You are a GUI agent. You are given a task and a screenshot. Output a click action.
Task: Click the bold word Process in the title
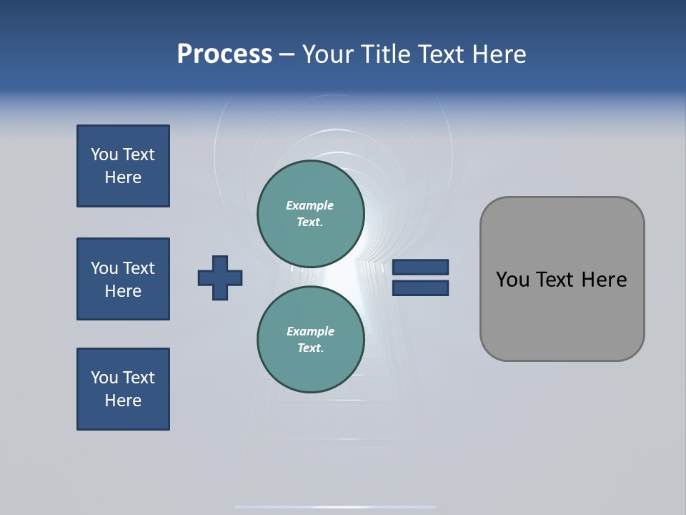tap(224, 54)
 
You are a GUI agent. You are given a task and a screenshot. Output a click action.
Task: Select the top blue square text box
tap(123, 166)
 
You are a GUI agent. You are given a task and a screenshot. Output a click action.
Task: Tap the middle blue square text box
tap(123, 279)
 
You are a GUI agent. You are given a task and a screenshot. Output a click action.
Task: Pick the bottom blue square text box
tap(123, 389)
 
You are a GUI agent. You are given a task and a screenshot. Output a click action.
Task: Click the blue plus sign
tap(220, 278)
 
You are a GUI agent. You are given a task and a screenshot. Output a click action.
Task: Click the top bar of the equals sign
tap(421, 267)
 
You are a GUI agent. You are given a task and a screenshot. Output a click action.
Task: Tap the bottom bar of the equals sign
tap(421, 288)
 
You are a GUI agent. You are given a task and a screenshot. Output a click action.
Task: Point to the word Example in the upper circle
tap(309, 205)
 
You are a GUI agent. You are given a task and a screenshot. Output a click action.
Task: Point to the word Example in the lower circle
tap(310, 331)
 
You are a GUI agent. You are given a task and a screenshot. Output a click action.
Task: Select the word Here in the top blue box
tap(123, 177)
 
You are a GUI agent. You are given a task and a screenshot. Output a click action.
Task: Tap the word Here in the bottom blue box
tap(123, 401)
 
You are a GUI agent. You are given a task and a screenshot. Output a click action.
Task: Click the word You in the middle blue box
tap(104, 268)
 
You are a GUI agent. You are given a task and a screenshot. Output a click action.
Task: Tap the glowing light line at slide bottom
tap(334, 506)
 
